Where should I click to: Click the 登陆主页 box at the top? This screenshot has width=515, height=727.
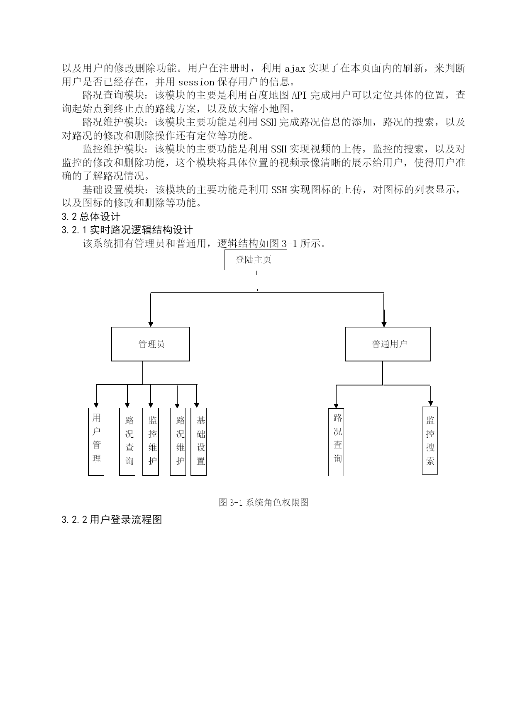pyautogui.click(x=256, y=260)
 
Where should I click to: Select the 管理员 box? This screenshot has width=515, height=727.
pyautogui.click(x=151, y=344)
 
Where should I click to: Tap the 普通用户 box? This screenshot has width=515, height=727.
pyautogui.click(x=388, y=344)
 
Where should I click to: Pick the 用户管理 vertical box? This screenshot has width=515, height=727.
pyautogui.click(x=96, y=441)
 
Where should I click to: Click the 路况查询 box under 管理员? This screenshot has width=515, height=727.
pyautogui.click(x=127, y=441)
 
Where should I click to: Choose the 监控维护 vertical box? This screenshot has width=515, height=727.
pyautogui.click(x=151, y=441)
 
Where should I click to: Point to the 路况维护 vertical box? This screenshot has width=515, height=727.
pyautogui.click(x=178, y=441)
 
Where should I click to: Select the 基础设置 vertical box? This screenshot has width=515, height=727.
pyautogui.click(x=199, y=441)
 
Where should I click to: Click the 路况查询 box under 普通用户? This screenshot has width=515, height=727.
pyautogui.click(x=336, y=442)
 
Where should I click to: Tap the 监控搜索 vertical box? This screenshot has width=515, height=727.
pyautogui.click(x=430, y=440)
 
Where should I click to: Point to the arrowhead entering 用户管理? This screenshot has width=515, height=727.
pyautogui.click(x=96, y=405)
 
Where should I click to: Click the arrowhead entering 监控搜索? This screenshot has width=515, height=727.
pyautogui.click(x=431, y=403)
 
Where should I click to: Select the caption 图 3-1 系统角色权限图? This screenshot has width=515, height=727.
pyautogui.click(x=264, y=502)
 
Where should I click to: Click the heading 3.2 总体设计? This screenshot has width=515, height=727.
pyautogui.click(x=91, y=216)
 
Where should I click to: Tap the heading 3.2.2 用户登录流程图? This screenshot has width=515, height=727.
pyautogui.click(x=112, y=519)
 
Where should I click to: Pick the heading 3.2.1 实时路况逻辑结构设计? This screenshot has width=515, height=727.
pyautogui.click(x=127, y=230)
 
